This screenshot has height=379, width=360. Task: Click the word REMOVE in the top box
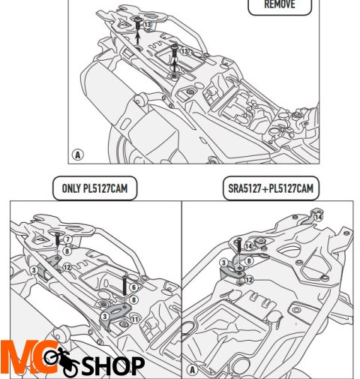[280, 5]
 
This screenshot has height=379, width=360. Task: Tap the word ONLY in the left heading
[71, 188]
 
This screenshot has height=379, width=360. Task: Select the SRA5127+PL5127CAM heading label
[271, 188]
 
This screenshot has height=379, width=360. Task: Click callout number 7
[67, 239]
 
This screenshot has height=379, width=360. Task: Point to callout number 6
[133, 287]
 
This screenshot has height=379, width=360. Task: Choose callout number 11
[135, 319]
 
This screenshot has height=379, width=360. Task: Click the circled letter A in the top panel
[78, 155]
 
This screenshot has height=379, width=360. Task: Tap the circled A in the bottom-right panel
[192, 369]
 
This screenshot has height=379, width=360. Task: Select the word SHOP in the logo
[113, 365]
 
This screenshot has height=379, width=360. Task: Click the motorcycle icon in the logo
[61, 361]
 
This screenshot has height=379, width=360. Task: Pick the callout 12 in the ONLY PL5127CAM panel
[67, 267]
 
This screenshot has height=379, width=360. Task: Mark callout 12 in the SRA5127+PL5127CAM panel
[248, 280]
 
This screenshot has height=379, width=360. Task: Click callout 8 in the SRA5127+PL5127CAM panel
[249, 261]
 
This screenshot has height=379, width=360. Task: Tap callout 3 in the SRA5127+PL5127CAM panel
[223, 263]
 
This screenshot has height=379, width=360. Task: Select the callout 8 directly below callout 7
[67, 251]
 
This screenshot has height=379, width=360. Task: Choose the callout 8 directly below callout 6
[133, 299]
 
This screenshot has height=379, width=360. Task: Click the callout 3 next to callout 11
[105, 317]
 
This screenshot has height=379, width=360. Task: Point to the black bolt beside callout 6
[124, 285]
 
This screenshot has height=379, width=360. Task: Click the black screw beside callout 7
[57, 239]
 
